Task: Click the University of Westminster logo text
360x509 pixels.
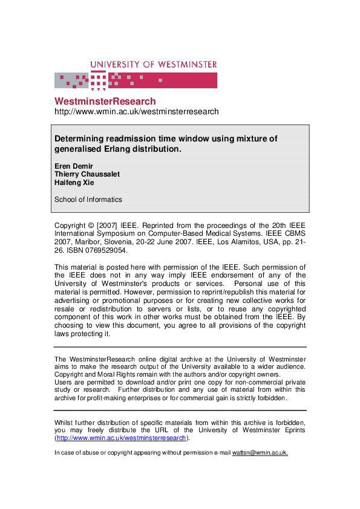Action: coord(154,64)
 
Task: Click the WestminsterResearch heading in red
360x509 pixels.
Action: coord(105,101)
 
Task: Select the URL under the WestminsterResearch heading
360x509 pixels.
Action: coord(136,112)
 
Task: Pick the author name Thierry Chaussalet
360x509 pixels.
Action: coord(87,174)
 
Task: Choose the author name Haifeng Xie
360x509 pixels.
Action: coord(75,183)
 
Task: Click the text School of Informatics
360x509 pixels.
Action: coord(88,199)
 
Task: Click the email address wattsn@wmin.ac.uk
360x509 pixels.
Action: coord(260,453)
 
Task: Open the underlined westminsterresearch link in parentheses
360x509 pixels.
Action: coord(122,438)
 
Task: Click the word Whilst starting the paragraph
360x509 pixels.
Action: coord(65,422)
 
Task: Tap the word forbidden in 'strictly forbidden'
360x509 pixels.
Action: coord(267,398)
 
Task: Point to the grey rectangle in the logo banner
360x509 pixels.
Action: coord(72,80)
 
